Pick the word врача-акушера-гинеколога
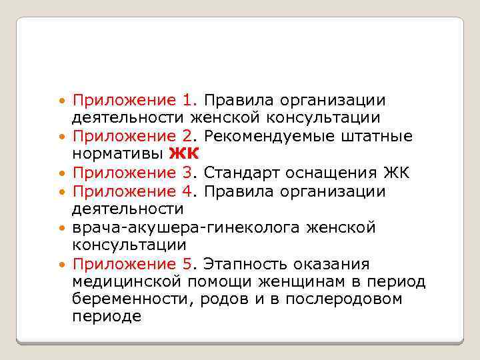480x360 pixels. (188, 228)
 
